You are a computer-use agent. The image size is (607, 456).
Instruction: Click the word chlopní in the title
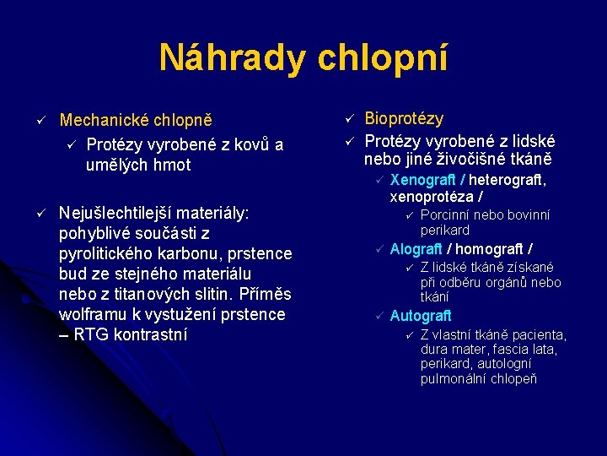pos(383,58)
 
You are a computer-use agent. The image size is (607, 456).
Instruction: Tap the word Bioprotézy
pos(404,119)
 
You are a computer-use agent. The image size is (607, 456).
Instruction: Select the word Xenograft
pos(423,180)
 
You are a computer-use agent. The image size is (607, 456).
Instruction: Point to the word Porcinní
pos(449,214)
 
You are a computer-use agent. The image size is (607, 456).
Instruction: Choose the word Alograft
pos(416,249)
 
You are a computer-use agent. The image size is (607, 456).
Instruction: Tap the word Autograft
pos(421,317)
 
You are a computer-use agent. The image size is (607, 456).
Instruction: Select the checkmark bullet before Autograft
pos(380,317)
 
